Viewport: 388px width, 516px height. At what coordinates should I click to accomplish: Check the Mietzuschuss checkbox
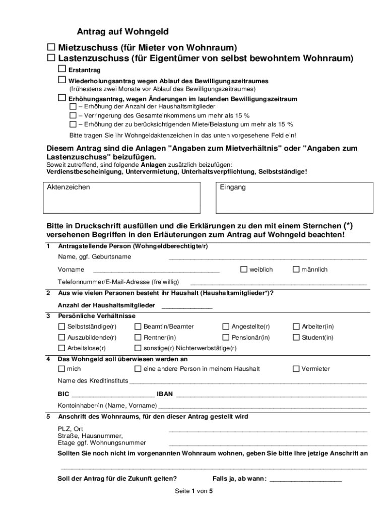[x=51, y=47]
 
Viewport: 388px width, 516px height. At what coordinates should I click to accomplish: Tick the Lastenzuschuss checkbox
[x=51, y=58]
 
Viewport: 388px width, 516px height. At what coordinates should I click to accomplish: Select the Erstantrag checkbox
[x=62, y=69]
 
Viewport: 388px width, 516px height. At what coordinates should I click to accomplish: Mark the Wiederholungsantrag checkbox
[x=62, y=80]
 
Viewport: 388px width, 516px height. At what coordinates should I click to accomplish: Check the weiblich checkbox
[x=244, y=270]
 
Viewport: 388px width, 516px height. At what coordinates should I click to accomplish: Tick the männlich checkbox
[x=296, y=270]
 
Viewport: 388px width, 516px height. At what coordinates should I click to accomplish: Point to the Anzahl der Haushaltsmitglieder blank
[x=186, y=306]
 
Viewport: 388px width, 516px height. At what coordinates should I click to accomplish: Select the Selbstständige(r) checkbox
[x=61, y=327]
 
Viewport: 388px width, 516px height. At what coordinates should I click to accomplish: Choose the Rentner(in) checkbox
[x=138, y=338]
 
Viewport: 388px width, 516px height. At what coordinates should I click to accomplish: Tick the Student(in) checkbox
[x=296, y=338]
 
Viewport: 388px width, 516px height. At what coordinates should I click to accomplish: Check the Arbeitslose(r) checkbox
[x=61, y=348]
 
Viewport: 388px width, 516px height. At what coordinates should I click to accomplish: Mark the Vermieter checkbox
[x=296, y=369]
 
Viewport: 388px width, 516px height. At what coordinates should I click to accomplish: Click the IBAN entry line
[x=271, y=394]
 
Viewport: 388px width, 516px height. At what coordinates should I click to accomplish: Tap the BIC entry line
[x=113, y=394]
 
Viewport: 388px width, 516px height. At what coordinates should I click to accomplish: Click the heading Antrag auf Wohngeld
[x=122, y=32]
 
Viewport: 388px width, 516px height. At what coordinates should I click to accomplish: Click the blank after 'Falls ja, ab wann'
[x=306, y=479]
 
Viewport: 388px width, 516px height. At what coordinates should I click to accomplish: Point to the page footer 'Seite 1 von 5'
[x=194, y=491]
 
